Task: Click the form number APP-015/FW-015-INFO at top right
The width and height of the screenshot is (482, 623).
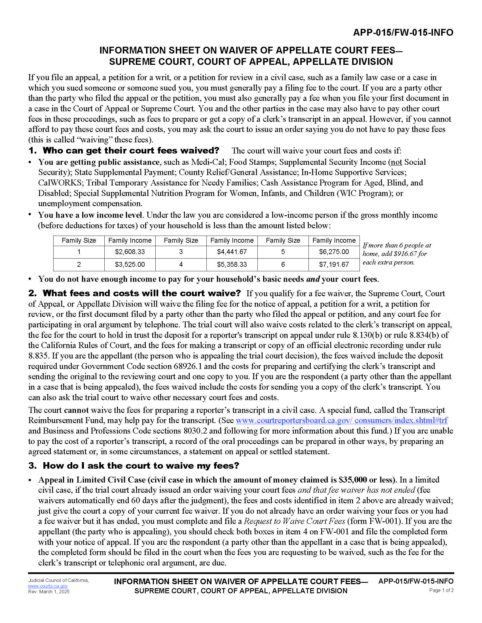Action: (403, 33)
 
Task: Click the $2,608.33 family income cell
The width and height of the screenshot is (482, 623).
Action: (130, 252)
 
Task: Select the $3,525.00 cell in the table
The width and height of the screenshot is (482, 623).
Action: (130, 264)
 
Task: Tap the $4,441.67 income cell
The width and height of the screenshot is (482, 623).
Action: (232, 252)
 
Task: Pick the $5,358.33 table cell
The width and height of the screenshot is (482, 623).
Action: (232, 264)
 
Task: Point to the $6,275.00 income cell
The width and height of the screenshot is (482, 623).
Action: (334, 252)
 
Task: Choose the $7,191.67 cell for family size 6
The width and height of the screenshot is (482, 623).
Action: (334, 264)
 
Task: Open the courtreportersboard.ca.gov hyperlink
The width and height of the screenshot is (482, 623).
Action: (342, 421)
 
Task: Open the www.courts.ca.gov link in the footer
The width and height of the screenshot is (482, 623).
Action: (48, 586)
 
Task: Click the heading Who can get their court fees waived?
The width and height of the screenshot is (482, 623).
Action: (131, 150)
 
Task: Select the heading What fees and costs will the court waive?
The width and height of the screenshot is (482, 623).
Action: (142, 293)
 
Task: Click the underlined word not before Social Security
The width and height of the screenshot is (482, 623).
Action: (396, 162)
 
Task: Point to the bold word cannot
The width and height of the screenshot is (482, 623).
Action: (77, 410)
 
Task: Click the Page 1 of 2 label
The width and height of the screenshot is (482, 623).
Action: (441, 590)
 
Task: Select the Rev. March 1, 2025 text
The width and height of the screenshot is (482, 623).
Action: (48, 592)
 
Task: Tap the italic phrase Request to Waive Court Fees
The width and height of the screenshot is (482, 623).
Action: (294, 521)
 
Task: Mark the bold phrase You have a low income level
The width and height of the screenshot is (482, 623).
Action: (90, 215)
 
